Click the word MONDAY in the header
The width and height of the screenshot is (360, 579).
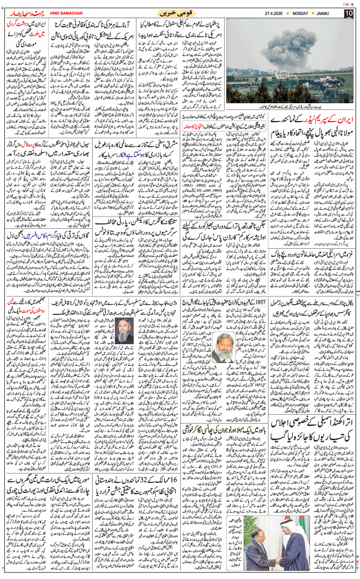[x=304, y=13]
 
